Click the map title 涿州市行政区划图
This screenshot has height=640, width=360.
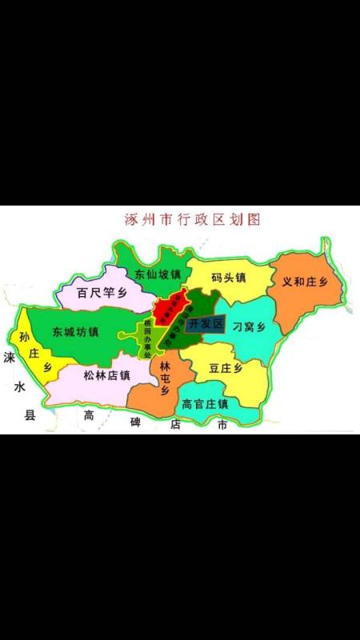193,218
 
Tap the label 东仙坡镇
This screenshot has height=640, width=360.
158,274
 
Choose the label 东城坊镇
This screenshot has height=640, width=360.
75,331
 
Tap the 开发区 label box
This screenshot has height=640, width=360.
204,324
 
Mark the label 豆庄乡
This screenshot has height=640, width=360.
225,369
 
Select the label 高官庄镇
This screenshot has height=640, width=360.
206,404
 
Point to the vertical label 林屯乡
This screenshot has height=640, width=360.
165,377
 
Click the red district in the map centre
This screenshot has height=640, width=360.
171,310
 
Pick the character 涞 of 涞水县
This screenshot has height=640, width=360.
9,357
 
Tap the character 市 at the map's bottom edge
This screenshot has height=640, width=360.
222,425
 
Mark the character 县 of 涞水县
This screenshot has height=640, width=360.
30,414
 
